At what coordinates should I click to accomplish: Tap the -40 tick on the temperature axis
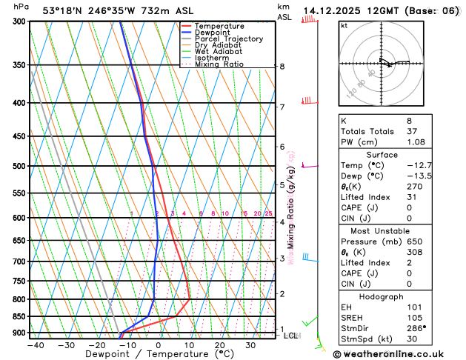point(35,345)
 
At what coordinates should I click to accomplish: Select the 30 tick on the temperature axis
point(250,345)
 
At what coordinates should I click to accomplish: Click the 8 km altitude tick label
point(282,67)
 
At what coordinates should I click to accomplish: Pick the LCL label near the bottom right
point(290,336)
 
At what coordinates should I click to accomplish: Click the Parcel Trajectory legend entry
point(228,39)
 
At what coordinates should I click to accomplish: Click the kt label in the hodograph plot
point(344,25)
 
